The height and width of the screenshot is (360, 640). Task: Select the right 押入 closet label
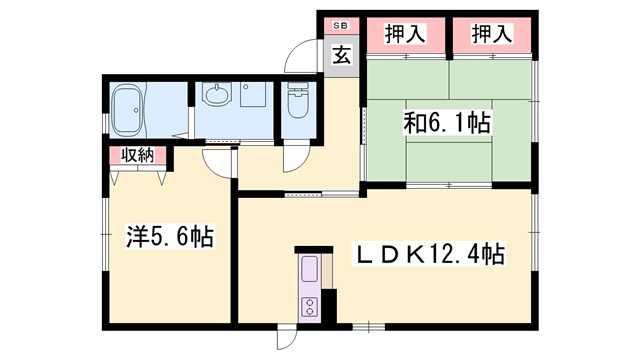[x=486, y=32]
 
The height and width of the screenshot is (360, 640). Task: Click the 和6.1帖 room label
[x=446, y=124]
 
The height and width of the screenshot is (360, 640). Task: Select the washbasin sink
[x=217, y=97]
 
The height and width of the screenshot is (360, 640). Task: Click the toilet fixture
[x=298, y=100]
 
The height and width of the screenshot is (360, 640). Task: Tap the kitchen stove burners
[x=310, y=307]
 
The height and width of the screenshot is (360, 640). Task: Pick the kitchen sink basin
[x=310, y=270]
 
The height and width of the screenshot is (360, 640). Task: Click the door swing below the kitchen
[x=288, y=338]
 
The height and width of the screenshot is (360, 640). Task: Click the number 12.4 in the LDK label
[x=456, y=255]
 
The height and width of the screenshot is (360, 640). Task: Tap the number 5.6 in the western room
[x=176, y=239]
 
